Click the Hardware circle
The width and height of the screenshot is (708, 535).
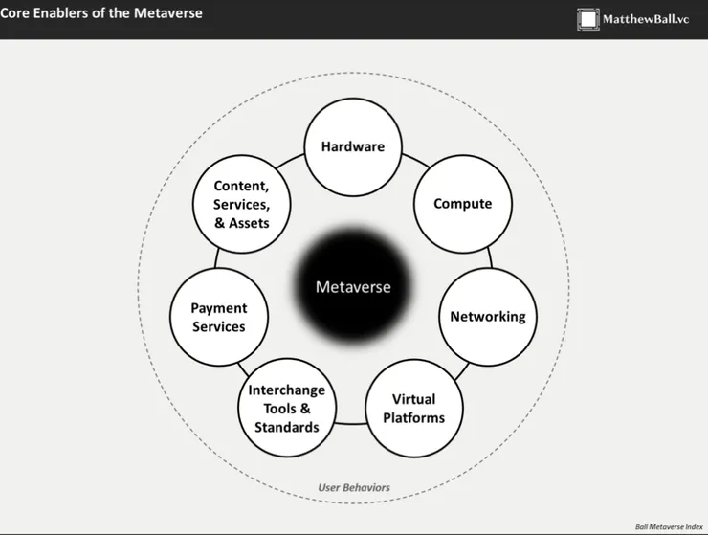point(353,147)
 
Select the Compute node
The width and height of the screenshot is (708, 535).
point(463,204)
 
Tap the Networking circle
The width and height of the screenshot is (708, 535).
point(488,317)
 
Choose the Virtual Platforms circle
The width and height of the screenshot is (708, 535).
point(414,409)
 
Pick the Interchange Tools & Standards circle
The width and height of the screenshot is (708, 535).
point(287,408)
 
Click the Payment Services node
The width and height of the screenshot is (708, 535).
point(219,317)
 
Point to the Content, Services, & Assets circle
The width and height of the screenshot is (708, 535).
point(241,204)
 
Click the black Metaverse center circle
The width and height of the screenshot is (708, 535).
point(353,286)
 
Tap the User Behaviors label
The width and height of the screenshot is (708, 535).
point(354,487)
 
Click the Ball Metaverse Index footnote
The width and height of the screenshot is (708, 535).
point(669,527)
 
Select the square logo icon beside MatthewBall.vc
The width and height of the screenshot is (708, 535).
point(587,19)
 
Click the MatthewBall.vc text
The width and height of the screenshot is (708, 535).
point(646,19)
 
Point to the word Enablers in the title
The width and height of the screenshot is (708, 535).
point(62,13)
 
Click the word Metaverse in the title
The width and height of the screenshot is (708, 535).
point(168,13)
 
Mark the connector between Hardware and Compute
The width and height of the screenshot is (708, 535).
point(416,161)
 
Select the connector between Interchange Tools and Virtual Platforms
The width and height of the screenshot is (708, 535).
point(351,423)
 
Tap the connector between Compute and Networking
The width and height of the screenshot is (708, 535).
point(490,258)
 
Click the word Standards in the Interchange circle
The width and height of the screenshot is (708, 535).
point(287,427)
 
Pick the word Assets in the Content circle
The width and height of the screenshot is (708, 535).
point(249,223)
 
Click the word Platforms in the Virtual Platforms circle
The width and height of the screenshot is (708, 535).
point(414,418)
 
